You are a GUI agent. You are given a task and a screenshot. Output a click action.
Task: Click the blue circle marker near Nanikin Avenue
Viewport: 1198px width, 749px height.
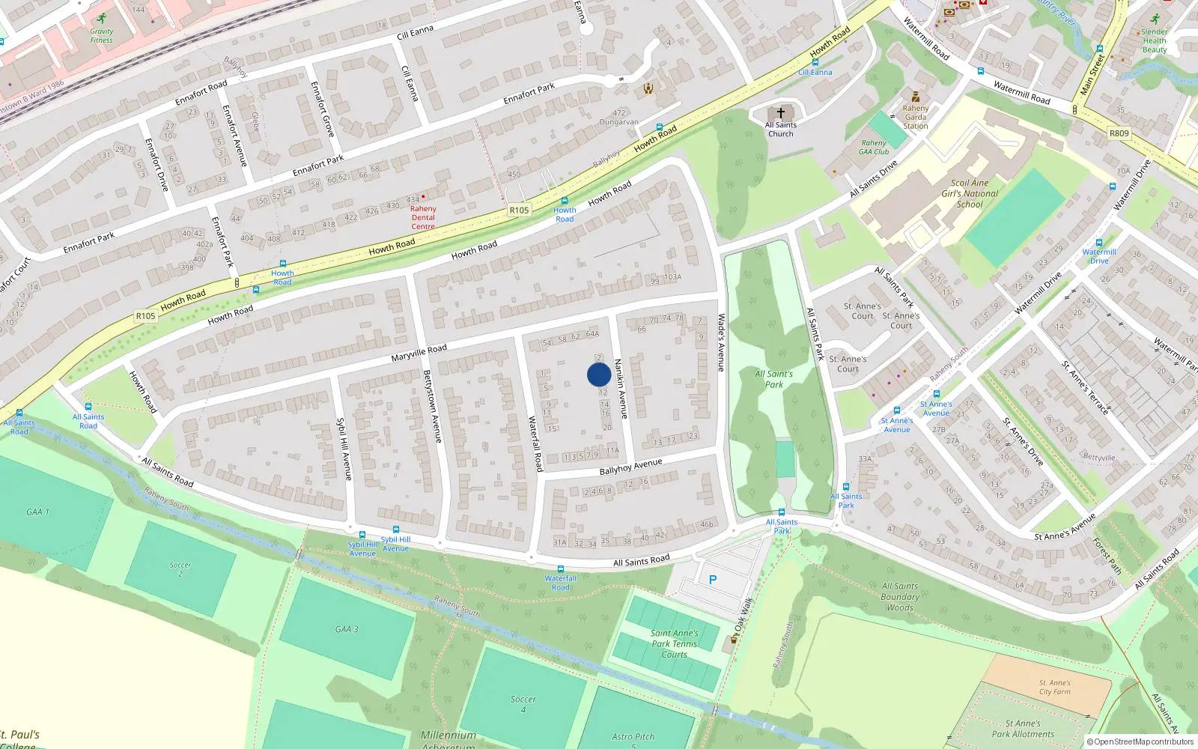(599, 374)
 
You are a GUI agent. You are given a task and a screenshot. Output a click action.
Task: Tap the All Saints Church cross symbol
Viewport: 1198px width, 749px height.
(780, 113)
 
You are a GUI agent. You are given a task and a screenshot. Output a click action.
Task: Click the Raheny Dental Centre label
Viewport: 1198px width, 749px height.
(423, 218)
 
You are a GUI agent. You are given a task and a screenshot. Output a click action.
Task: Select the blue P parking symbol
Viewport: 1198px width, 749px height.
(713, 580)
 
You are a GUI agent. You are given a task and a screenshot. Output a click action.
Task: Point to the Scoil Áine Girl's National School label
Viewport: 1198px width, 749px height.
(970, 193)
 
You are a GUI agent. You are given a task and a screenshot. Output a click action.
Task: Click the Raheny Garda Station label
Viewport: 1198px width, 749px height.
(915, 117)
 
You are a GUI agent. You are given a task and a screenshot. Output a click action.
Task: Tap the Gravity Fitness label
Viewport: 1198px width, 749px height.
(102, 35)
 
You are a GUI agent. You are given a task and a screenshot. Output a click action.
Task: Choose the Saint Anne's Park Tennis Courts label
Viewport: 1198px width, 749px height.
(674, 643)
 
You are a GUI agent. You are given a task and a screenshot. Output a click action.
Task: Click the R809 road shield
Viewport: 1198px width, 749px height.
(1119, 133)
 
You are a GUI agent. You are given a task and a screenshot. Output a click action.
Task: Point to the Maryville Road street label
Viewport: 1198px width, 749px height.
(419, 353)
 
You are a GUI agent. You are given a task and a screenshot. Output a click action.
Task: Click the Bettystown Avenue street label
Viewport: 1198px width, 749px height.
(433, 406)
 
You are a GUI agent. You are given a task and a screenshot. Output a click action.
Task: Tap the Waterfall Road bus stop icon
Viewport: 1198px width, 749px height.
(561, 570)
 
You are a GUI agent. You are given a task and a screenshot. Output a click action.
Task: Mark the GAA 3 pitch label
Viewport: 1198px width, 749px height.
(346, 629)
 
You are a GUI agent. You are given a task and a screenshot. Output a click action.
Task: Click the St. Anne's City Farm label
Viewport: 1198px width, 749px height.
(1054, 687)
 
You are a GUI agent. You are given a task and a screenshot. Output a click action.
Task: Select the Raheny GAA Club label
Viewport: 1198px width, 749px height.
(874, 147)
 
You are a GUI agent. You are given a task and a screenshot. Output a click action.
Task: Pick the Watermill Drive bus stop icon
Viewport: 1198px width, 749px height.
(1099, 243)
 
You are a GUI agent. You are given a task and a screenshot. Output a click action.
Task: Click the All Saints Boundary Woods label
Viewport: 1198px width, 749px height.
(900, 597)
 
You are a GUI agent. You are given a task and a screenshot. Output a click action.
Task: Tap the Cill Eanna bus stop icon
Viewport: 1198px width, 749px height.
(815, 63)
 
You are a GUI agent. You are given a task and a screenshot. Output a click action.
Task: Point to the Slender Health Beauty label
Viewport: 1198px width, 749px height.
(1154, 40)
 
